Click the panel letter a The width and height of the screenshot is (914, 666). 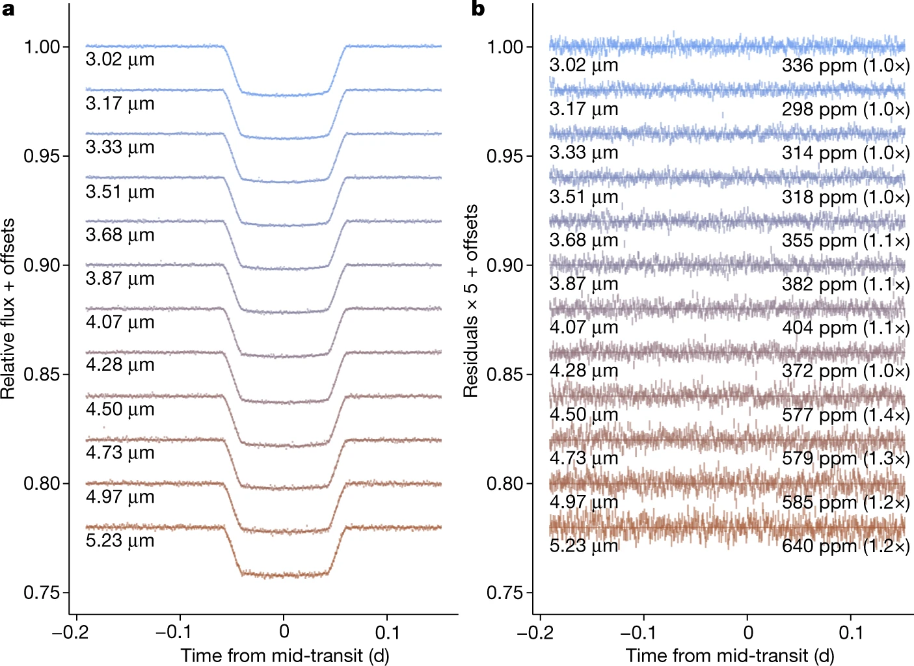8,10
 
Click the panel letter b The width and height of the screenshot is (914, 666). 478,9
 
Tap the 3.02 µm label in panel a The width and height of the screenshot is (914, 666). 120,59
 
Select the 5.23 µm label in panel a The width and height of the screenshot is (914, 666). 120,540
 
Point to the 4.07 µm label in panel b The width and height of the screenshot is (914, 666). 584,326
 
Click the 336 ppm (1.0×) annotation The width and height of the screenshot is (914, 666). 845,65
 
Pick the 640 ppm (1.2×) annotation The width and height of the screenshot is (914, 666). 845,546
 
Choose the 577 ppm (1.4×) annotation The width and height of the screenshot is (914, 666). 845,415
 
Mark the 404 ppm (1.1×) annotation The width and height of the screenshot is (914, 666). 845,327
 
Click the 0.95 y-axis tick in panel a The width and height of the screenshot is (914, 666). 42,156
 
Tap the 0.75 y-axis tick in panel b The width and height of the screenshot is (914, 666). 505,593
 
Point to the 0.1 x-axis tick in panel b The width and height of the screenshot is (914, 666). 850,632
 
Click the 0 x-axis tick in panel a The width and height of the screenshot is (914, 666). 284,632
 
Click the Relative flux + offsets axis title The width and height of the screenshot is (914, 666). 8,308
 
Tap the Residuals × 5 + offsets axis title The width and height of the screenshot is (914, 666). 471,300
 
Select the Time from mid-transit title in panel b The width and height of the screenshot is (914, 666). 730,655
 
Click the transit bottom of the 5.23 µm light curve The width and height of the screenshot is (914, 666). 284,575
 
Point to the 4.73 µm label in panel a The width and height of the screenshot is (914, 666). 120,453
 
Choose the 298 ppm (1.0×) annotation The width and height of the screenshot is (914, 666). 845,109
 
